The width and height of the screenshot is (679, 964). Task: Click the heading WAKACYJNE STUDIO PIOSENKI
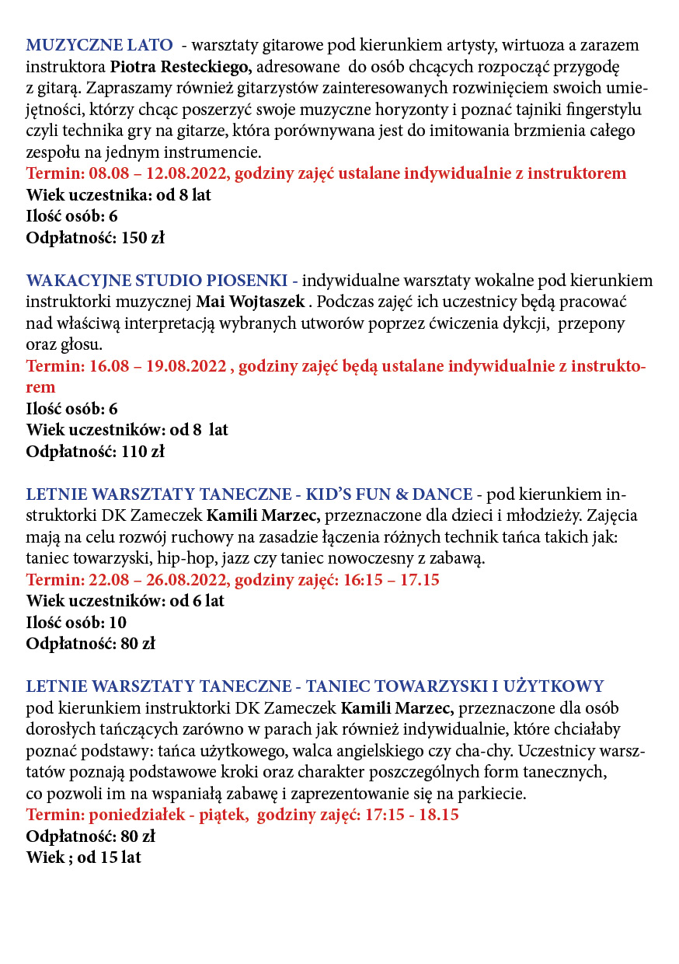pos(158,280)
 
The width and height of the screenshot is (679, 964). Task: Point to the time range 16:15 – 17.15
pos(395,579)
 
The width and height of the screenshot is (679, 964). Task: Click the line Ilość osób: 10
pos(76,622)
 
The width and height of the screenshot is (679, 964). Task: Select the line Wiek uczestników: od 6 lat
pos(125,601)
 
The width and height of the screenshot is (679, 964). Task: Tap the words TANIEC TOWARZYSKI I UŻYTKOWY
pos(454,686)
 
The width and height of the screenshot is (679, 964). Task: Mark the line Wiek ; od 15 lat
pos(84,857)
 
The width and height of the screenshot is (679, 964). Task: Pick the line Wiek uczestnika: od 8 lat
pos(119,195)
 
